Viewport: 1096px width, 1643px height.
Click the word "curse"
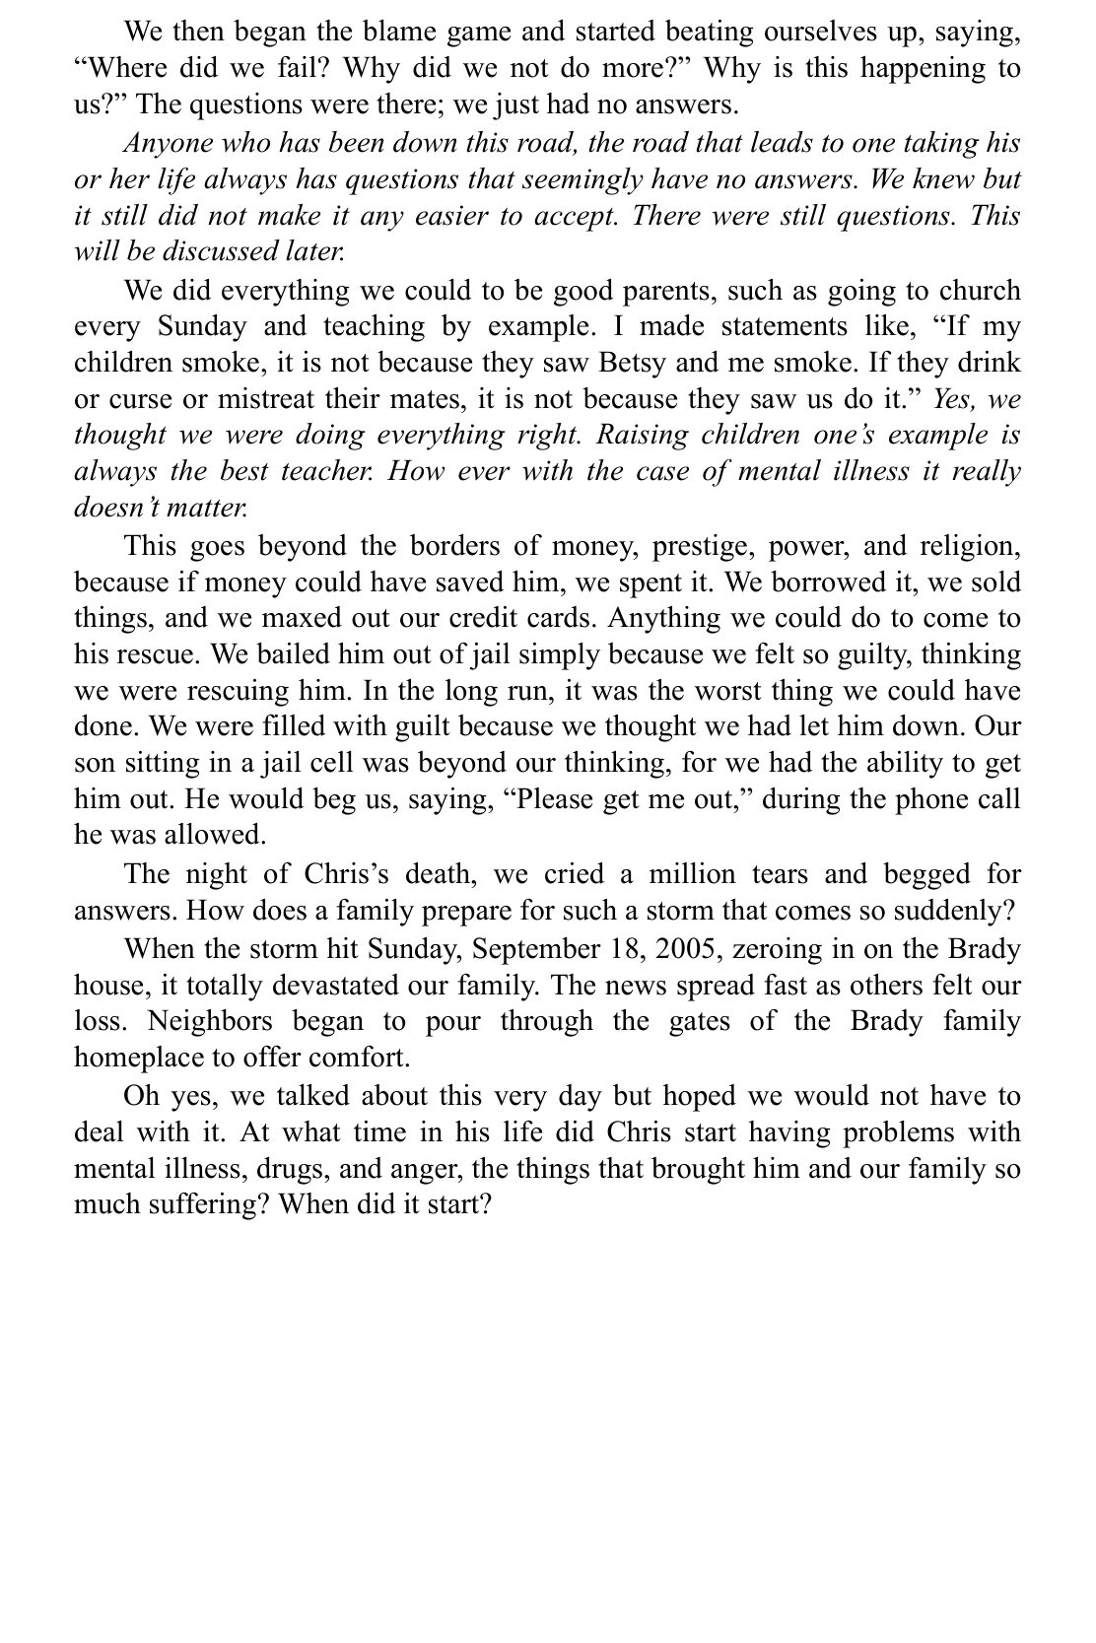coord(133,398)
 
